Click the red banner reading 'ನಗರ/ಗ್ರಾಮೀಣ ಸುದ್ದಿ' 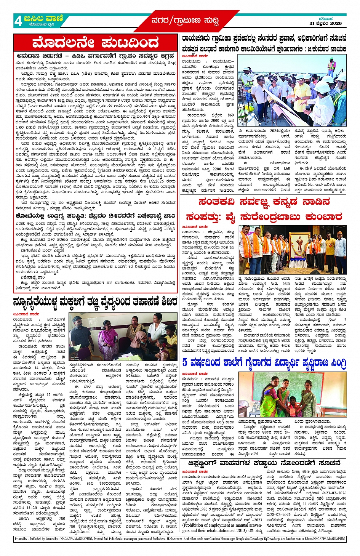(185, 21)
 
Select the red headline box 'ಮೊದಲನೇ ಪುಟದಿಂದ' (96, 43)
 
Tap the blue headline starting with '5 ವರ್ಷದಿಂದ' (264, 363)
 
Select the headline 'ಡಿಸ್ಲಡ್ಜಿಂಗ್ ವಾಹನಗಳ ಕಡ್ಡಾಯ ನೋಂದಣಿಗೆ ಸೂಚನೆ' (264, 463)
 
